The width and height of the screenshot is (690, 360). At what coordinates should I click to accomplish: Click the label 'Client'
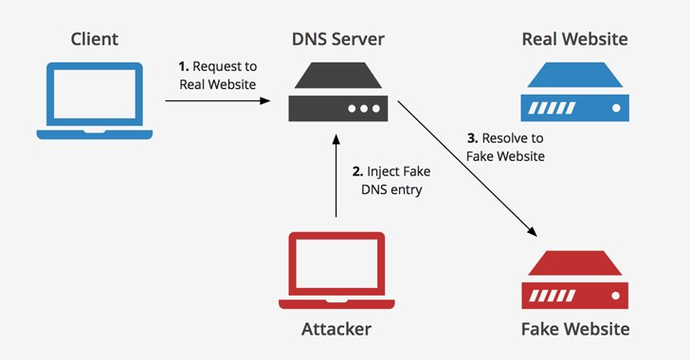pos(95,40)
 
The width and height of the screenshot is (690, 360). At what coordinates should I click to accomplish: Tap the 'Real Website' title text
pos(574,40)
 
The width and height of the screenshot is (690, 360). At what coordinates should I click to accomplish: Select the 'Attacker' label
pos(336,329)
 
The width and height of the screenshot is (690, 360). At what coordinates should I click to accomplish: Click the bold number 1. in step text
pos(185,66)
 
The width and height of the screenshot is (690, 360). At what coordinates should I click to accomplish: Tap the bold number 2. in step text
pos(357,171)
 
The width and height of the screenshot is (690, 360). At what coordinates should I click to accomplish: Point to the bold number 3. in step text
pos(472,138)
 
